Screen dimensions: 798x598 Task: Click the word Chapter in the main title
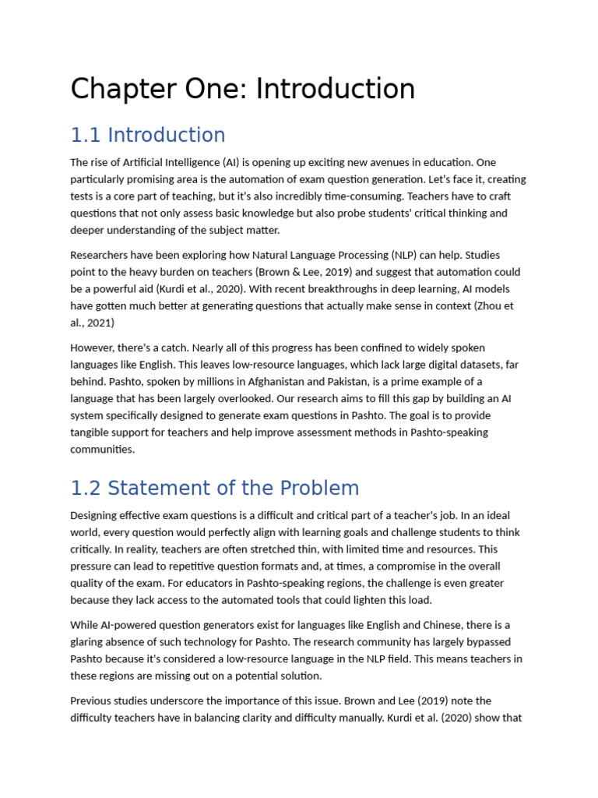pyautogui.click(x=121, y=90)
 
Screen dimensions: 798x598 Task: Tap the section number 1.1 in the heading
pyautogui.click(x=86, y=136)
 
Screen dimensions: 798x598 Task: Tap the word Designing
pyautogui.click(x=96, y=516)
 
